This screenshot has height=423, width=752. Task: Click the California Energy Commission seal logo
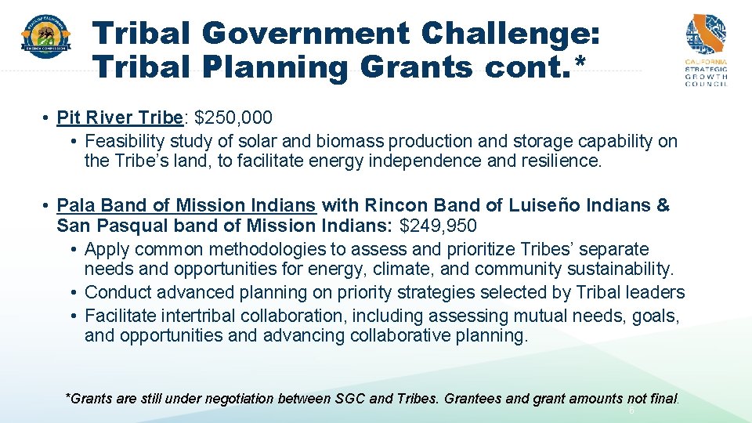(x=45, y=36)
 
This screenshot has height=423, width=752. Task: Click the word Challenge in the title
(x=509, y=34)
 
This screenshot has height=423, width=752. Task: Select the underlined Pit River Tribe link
(x=119, y=118)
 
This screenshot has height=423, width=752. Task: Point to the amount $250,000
(x=233, y=118)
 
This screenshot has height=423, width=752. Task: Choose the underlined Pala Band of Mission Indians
(x=186, y=206)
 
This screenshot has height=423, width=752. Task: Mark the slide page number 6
(x=631, y=410)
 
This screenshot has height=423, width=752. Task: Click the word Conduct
(x=117, y=293)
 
